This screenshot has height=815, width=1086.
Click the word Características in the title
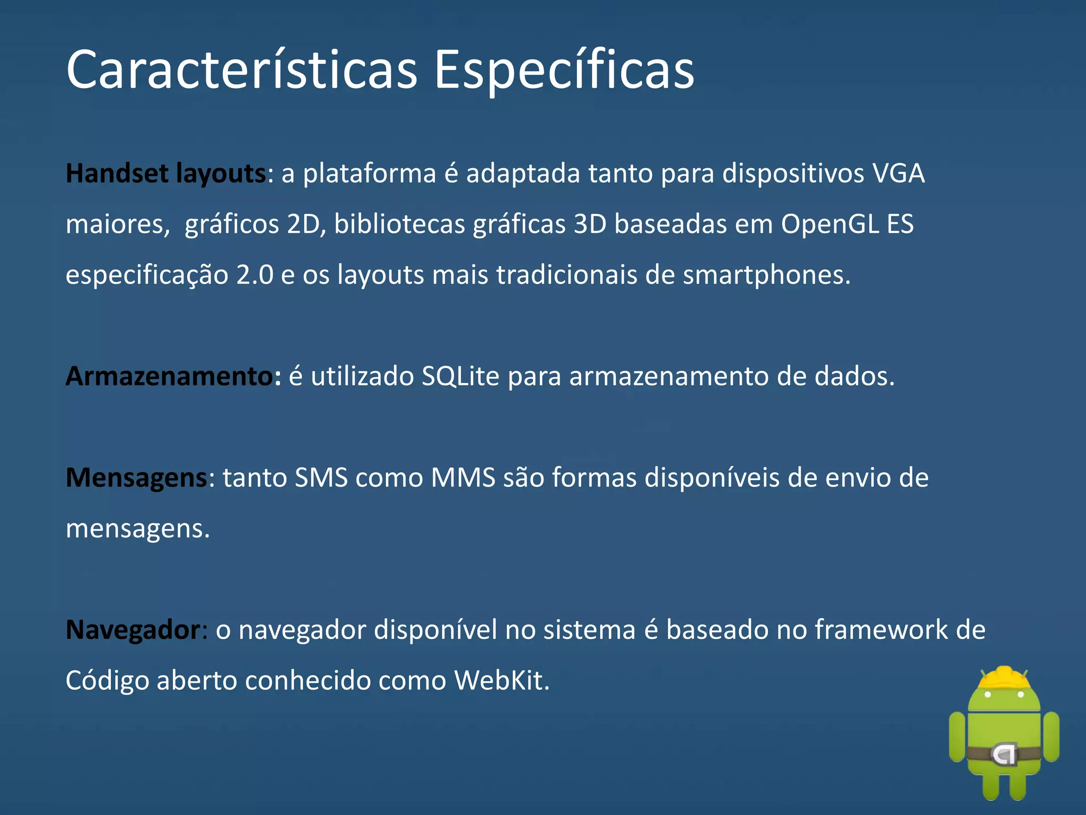(x=242, y=70)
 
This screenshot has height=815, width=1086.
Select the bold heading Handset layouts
(x=165, y=174)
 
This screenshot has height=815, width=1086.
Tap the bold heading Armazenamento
(x=170, y=376)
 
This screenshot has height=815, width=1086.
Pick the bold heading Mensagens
(x=136, y=478)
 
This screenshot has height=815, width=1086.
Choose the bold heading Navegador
(x=133, y=630)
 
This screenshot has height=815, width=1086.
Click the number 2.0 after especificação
(x=255, y=275)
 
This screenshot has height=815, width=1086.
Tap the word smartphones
(x=766, y=275)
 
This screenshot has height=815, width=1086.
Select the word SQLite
(x=460, y=376)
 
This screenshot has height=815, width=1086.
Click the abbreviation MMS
(x=463, y=478)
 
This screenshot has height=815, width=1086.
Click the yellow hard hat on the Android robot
(x=1004, y=679)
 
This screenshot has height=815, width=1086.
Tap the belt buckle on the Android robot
(x=1004, y=754)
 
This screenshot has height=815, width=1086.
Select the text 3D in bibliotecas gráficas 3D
(x=590, y=224)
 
